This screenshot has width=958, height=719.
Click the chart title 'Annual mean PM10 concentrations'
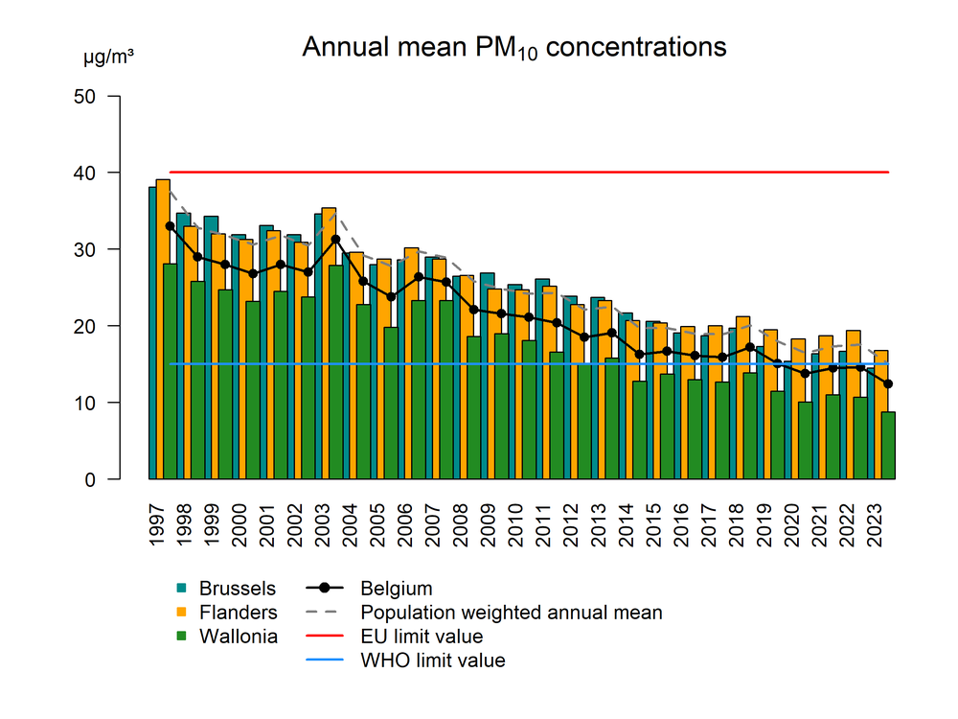(x=514, y=48)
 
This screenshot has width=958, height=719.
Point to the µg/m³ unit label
(x=108, y=59)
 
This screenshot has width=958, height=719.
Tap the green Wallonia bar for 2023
(x=889, y=446)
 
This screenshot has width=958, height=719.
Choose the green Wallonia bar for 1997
(x=171, y=374)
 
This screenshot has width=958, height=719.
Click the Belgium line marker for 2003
(x=335, y=240)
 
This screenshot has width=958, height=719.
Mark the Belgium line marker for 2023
(x=889, y=384)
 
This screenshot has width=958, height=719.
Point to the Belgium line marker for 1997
(x=170, y=226)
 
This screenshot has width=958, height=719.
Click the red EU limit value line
(x=527, y=173)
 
